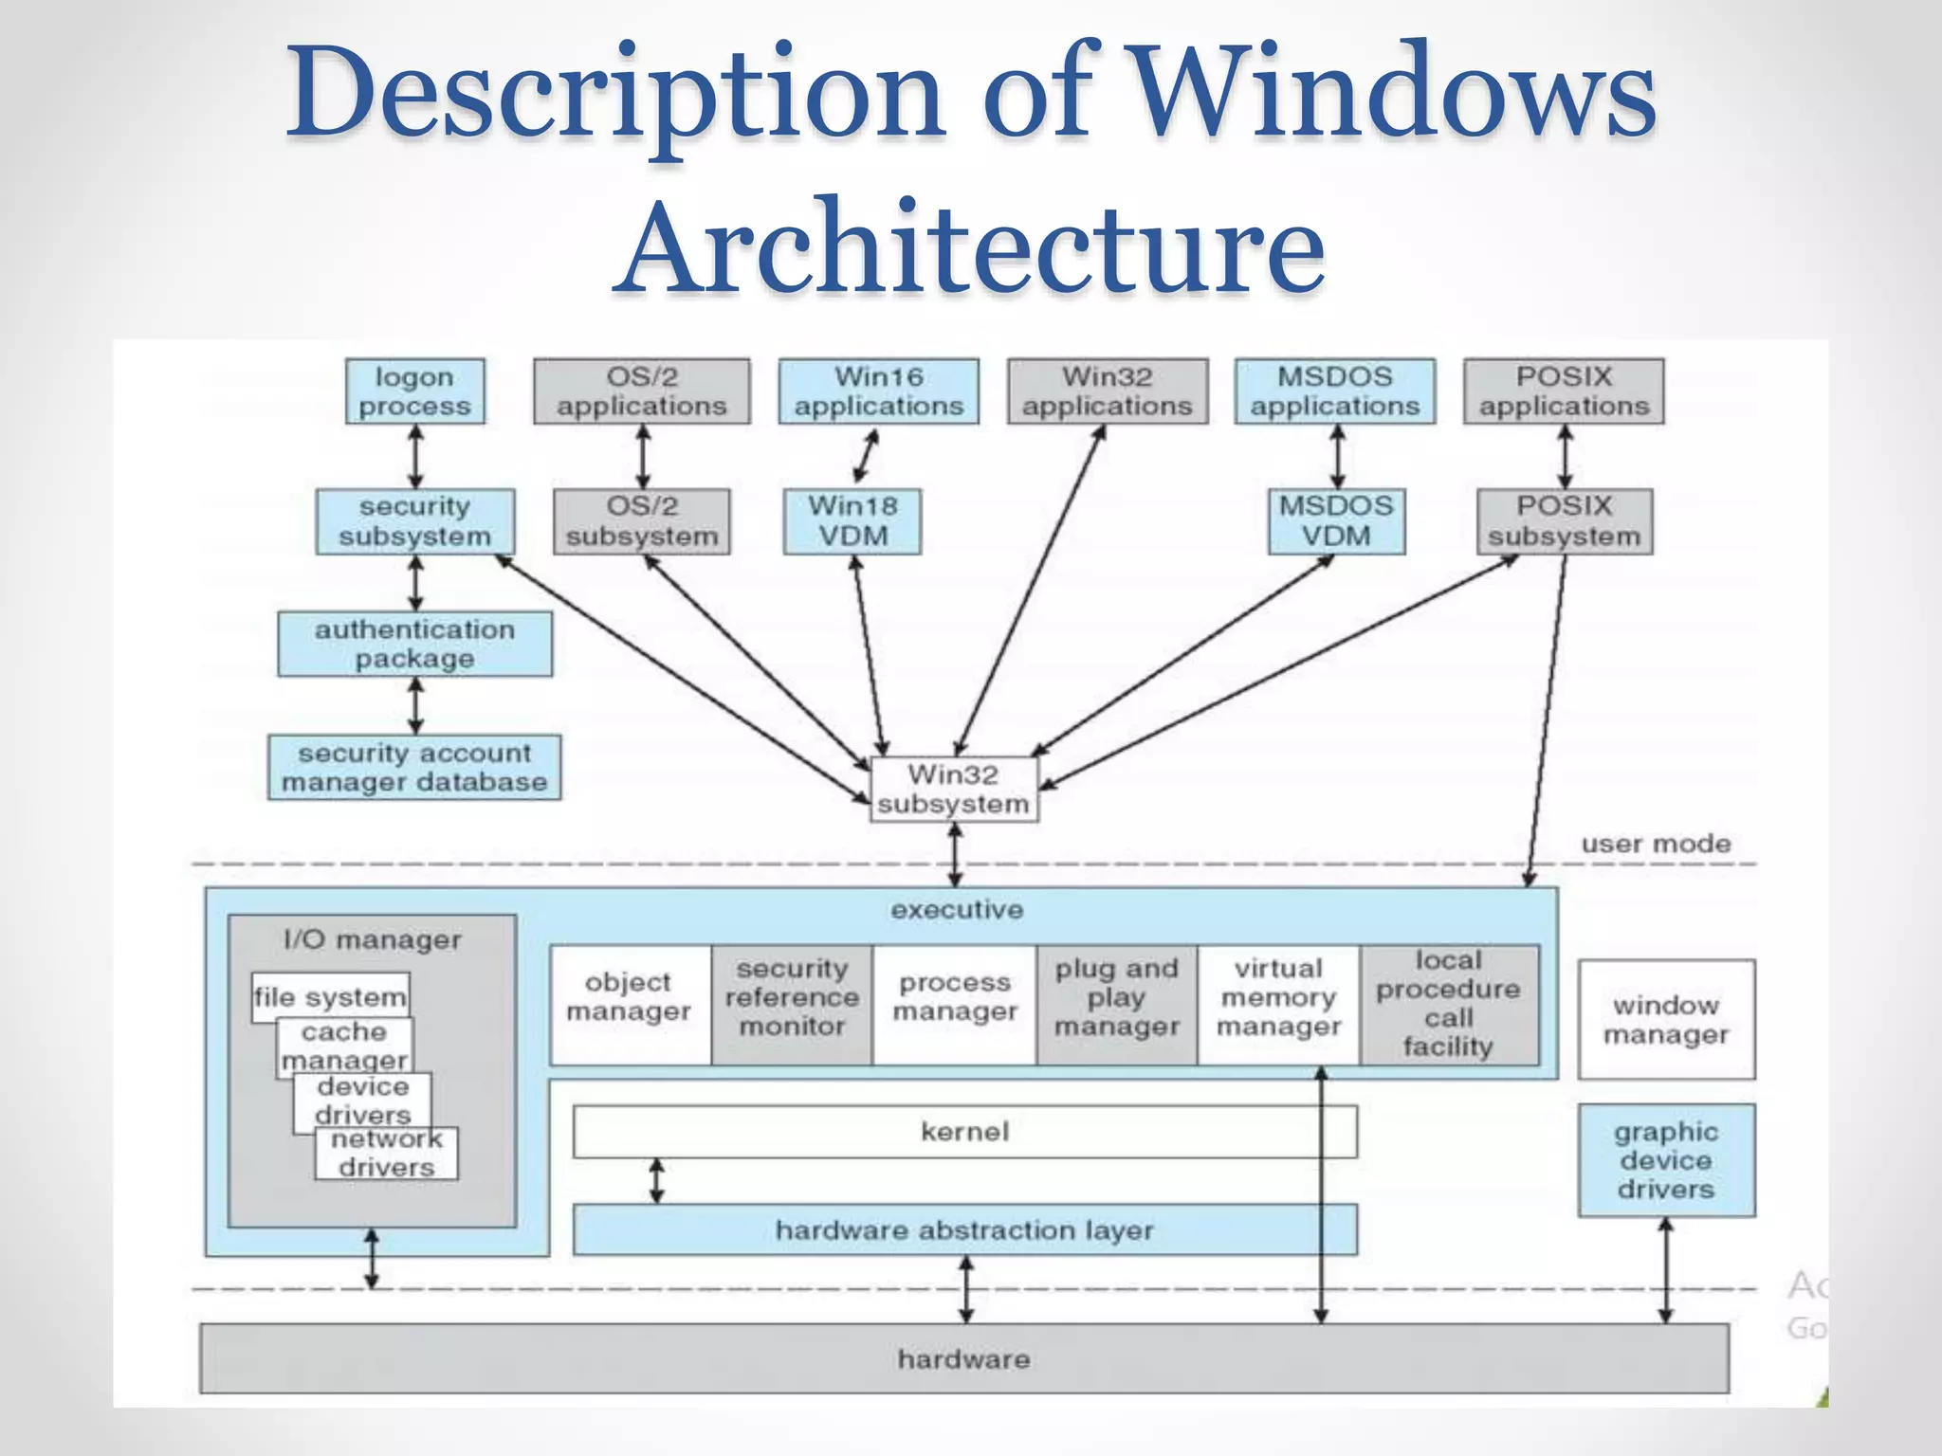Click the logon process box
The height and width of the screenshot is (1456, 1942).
414,391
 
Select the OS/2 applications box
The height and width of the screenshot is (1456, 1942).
641,391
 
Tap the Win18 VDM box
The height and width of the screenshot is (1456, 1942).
852,521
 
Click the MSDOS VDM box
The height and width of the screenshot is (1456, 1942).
1336,521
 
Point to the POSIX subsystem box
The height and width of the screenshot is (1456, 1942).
1564,521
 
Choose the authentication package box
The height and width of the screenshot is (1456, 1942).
414,644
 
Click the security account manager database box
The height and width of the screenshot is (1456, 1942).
414,768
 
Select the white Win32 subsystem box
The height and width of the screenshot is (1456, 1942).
954,790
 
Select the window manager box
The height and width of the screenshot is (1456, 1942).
1666,1019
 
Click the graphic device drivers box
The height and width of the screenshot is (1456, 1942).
1666,1160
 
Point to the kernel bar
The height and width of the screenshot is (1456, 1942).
964,1132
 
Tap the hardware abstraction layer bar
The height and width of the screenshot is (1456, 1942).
964,1230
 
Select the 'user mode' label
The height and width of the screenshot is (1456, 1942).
1656,844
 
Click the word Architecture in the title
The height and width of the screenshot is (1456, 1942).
971,248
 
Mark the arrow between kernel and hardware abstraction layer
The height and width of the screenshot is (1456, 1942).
656,1181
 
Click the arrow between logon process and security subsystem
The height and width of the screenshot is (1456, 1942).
414,456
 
